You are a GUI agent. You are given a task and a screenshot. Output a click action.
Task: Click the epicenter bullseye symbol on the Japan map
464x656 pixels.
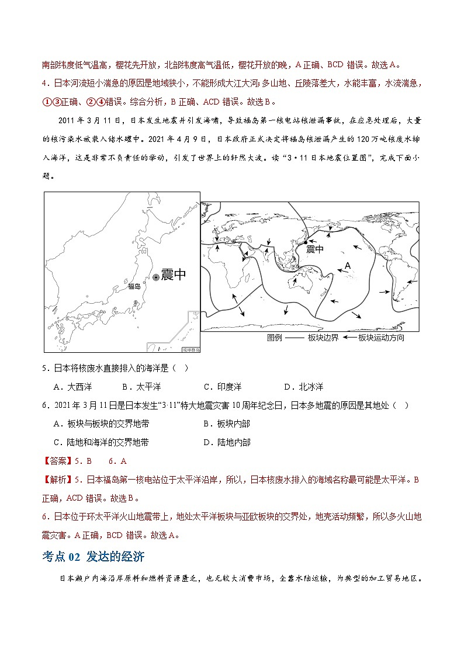(156, 278)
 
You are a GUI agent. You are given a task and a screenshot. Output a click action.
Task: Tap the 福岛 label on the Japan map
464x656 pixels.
(134, 286)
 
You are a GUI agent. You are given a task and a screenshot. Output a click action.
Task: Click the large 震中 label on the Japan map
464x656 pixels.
(174, 275)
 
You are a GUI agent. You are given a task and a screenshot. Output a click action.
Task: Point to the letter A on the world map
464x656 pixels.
(347, 266)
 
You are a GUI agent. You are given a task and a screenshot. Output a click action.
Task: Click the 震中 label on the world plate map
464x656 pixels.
(314, 249)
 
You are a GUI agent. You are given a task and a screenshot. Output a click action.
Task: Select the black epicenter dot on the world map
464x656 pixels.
(305, 242)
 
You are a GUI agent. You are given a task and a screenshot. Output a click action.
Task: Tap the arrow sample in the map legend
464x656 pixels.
(349, 338)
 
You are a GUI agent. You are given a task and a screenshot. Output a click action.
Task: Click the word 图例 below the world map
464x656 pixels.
(275, 338)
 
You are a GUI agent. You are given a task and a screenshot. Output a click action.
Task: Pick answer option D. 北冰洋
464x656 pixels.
(303, 387)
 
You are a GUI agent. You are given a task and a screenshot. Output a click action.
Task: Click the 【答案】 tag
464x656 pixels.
(58, 461)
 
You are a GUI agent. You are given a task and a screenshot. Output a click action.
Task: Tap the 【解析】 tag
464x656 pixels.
(58, 480)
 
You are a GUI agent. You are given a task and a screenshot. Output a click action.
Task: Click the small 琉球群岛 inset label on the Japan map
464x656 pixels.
(191, 349)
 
